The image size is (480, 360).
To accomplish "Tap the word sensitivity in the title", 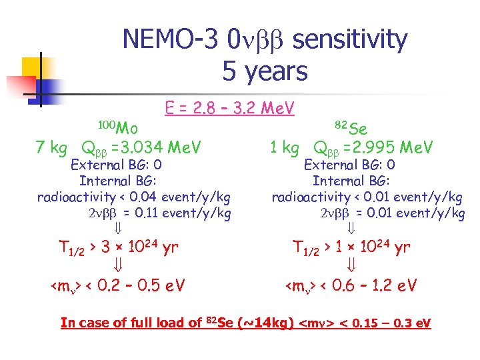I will coord(349,40).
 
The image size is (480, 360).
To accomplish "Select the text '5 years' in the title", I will coord(265,71).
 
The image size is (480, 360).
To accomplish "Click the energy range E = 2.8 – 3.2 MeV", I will coord(229,107).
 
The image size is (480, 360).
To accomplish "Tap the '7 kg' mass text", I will coord(51,147).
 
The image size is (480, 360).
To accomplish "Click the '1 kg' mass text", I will coord(283,147).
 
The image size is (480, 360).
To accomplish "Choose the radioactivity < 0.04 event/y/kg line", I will coord(134,197).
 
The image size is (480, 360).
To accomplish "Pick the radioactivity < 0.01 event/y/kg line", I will coord(367,197).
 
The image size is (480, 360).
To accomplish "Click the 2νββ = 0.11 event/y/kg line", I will coord(159,213).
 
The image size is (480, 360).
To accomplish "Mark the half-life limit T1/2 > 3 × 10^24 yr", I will coord(116,248).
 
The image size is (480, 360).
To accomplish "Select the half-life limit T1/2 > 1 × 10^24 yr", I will coord(351,248).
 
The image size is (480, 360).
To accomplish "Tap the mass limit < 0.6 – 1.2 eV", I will coord(351,286).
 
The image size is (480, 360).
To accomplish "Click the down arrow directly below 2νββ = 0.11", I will coord(115,229).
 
